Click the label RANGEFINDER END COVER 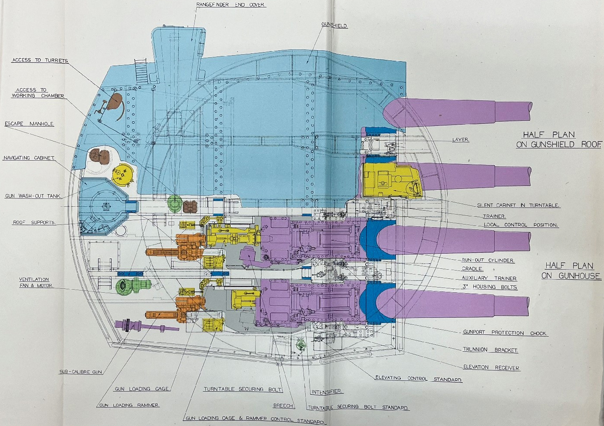231,4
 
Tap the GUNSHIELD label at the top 334,25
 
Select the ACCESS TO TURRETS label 40,60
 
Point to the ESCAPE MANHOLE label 30,124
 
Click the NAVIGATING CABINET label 29,158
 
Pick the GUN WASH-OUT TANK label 33,196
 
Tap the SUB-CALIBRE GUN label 81,372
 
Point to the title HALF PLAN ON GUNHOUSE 571,271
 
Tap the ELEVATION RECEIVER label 492,367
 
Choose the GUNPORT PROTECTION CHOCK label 505,333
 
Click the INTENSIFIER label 327,392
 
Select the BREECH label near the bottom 284,406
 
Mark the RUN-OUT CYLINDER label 488,260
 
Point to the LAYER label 461,140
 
